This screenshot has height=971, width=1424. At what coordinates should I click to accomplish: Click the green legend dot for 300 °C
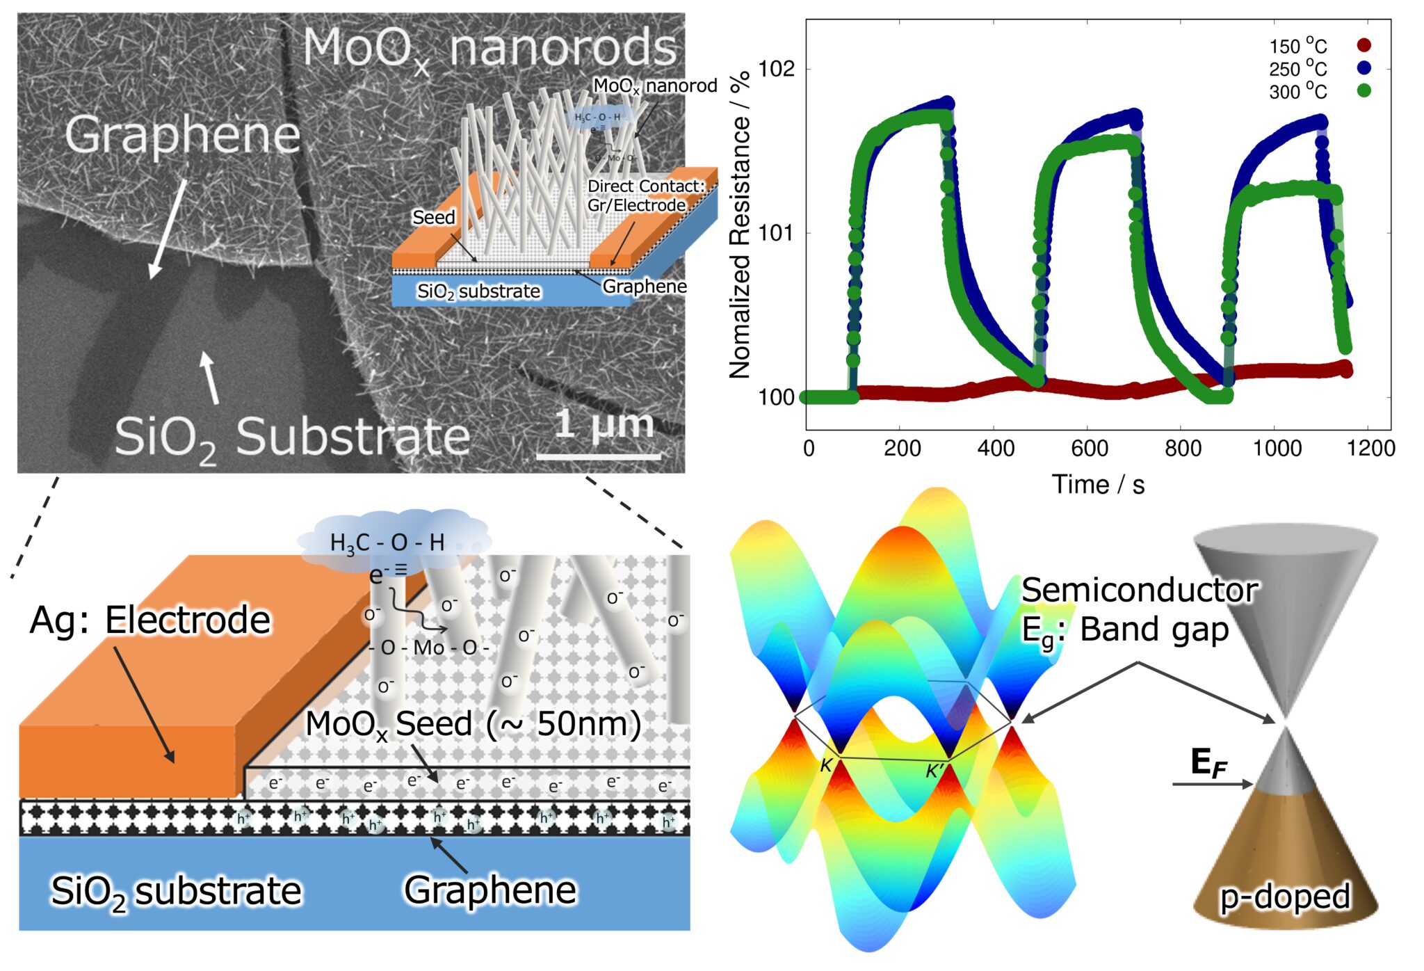pos(1364,90)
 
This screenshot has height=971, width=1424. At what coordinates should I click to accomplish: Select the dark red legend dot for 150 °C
pos(1364,45)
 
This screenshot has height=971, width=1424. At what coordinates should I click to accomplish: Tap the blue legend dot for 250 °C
pos(1364,67)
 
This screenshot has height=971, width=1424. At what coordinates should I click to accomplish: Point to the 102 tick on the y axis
pos(775,69)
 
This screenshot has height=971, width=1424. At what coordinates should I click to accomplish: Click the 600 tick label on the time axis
pos(1090,449)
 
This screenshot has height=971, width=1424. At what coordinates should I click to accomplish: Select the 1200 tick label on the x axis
pos(1370,449)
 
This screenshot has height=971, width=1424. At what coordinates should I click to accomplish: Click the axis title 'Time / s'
pos(1098,485)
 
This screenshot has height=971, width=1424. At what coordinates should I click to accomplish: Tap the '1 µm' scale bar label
pos(604,424)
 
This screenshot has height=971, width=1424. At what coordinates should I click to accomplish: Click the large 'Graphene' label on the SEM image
pos(182,135)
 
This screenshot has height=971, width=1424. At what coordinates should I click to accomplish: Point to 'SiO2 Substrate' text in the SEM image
pos(292,438)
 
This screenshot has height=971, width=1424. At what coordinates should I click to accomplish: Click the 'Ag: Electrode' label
pos(150,620)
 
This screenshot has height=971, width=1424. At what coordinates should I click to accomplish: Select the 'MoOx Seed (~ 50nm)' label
pos(473,725)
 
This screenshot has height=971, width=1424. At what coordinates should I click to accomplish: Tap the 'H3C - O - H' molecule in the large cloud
pos(387,543)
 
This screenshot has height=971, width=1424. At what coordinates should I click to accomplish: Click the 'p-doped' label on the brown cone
pos(1285,896)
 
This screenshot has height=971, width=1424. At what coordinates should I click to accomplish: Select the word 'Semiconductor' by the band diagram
pos(1139,590)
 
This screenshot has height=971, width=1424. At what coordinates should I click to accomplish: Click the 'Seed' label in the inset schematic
pos(433,218)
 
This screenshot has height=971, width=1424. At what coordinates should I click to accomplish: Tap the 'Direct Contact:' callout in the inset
pos(646,186)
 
